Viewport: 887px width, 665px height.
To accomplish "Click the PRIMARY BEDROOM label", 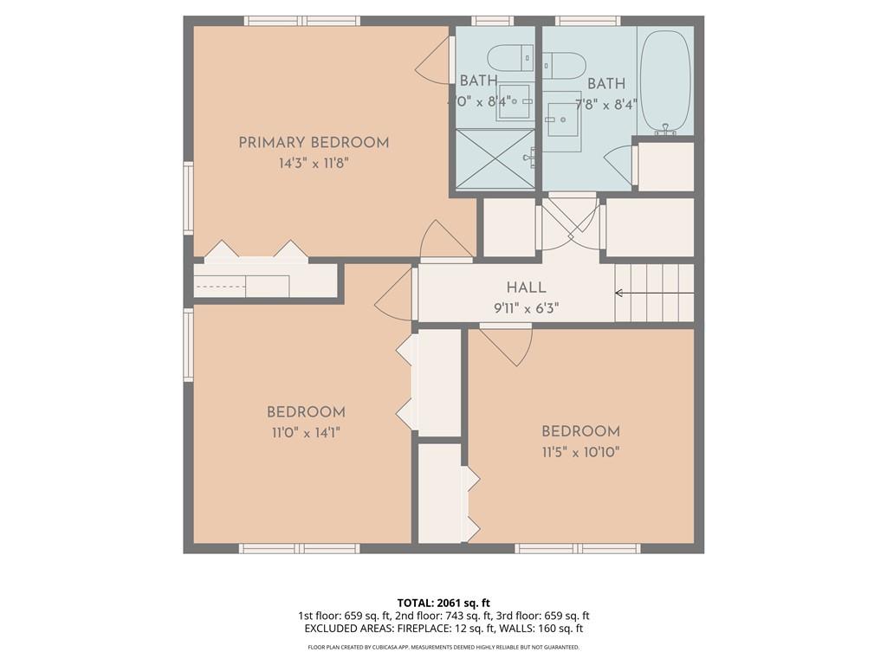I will (x=314, y=143).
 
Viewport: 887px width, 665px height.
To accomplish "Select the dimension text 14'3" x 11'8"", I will (x=314, y=163).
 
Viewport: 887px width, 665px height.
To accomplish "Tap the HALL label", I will (x=526, y=287).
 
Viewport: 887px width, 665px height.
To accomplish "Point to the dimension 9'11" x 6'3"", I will (x=526, y=307).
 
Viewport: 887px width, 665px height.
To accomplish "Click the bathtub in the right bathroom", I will (x=665, y=81).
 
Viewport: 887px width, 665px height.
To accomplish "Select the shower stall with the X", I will (x=495, y=158).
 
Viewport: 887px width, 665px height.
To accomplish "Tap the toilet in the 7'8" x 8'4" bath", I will (x=564, y=65).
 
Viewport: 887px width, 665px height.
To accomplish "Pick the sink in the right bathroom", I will (x=563, y=120).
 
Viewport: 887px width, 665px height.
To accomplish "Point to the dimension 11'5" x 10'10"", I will (x=580, y=451).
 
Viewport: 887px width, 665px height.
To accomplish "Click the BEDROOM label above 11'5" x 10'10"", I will (x=580, y=431).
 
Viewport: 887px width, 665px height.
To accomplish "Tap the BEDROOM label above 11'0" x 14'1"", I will (x=306, y=413).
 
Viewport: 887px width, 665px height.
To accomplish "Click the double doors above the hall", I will (x=570, y=223).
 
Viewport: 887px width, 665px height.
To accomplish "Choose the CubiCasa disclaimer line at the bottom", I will (x=443, y=647).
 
